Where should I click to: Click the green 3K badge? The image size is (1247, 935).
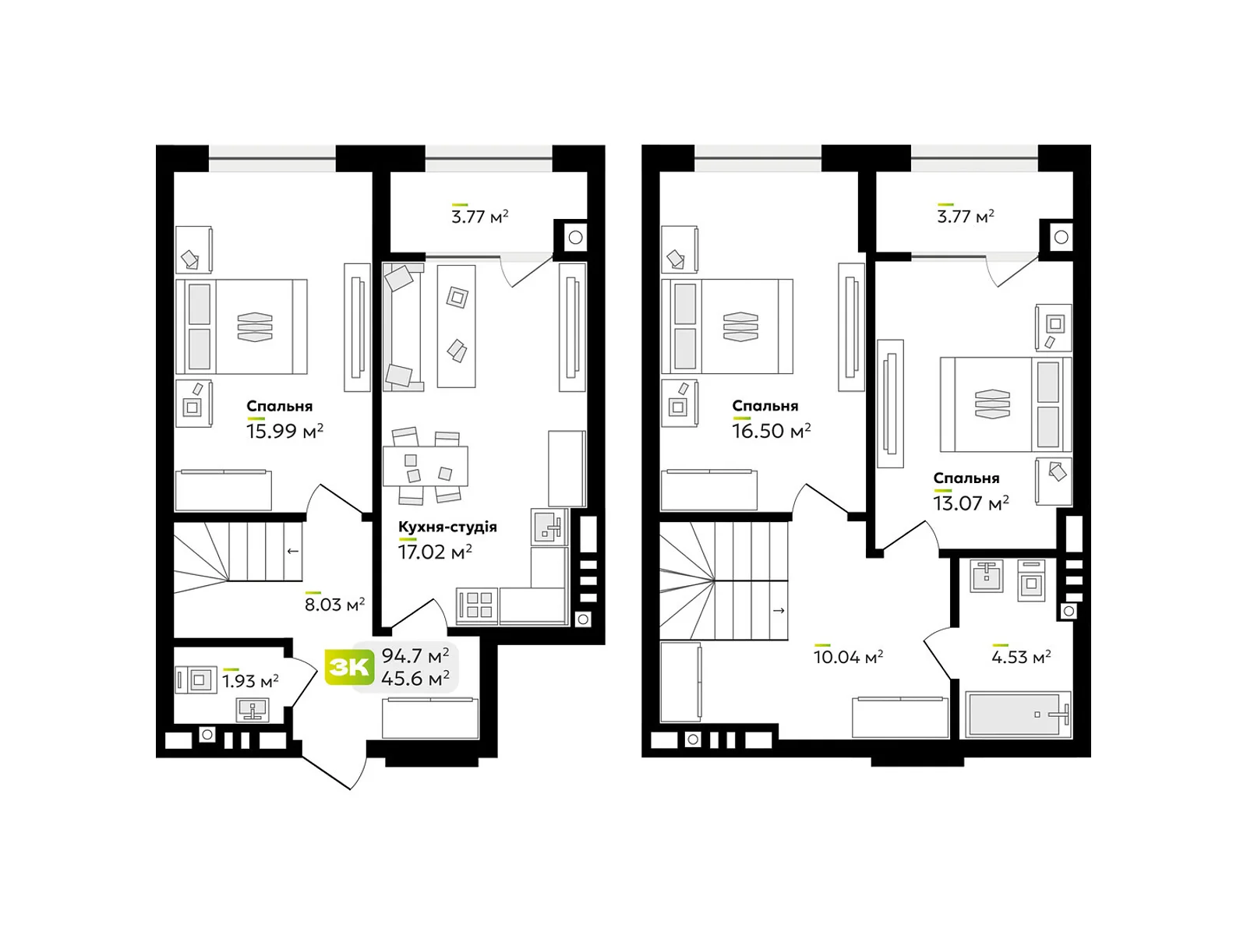[349, 666]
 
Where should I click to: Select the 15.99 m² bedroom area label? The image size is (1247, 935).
[284, 431]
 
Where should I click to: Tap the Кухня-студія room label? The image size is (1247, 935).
[447, 526]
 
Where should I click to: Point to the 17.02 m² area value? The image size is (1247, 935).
[435, 552]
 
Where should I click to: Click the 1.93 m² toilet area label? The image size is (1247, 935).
[250, 681]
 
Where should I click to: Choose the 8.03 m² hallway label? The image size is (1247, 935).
[334, 604]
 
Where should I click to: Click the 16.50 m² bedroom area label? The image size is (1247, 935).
[771, 431]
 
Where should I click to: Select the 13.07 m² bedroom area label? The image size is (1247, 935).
[971, 503]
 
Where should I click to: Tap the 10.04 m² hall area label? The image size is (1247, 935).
[848, 657]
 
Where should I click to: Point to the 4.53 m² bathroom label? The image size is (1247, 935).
[1021, 657]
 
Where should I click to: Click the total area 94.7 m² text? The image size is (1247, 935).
[415, 656]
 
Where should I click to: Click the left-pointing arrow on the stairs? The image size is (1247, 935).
[292, 551]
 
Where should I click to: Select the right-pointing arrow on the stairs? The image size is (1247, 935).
[779, 610]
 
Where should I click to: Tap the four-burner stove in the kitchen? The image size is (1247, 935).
[477, 605]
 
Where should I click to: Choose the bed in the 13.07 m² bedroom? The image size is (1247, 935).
[1005, 404]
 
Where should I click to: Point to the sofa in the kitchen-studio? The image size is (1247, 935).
[403, 327]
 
